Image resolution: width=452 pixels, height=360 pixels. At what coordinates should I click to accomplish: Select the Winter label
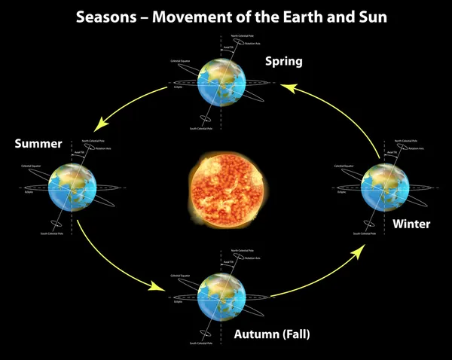coord(411,224)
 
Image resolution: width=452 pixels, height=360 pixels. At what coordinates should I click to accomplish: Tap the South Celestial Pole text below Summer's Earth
coord(53,235)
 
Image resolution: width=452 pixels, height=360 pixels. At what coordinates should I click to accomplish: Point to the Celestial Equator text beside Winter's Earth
coord(346,164)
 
